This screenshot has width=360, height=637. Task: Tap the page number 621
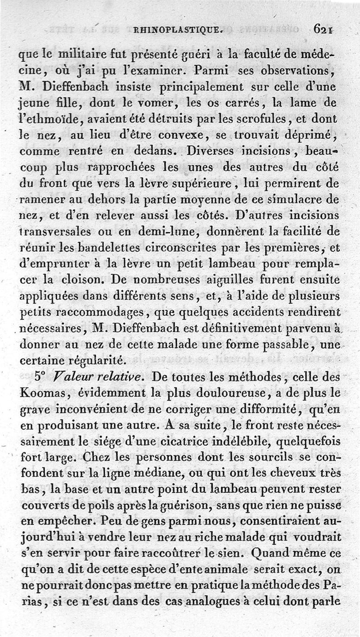(x=323, y=30)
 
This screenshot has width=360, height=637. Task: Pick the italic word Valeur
(x=70, y=377)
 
